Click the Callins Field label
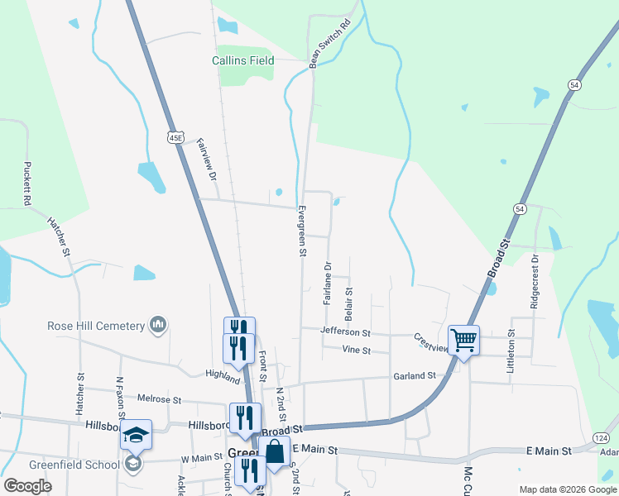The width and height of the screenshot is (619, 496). click(x=242, y=60)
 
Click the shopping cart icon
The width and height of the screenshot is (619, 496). click(x=463, y=339)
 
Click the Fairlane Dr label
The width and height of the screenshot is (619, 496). click(x=328, y=283)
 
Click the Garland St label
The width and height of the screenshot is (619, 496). click(x=415, y=375)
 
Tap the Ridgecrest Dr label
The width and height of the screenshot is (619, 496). click(x=535, y=281)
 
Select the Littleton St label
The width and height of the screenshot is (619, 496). click(x=511, y=355)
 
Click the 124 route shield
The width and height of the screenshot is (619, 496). click(x=602, y=436)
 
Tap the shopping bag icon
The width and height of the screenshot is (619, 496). click(x=274, y=452)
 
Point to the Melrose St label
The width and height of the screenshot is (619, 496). click(x=159, y=399)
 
